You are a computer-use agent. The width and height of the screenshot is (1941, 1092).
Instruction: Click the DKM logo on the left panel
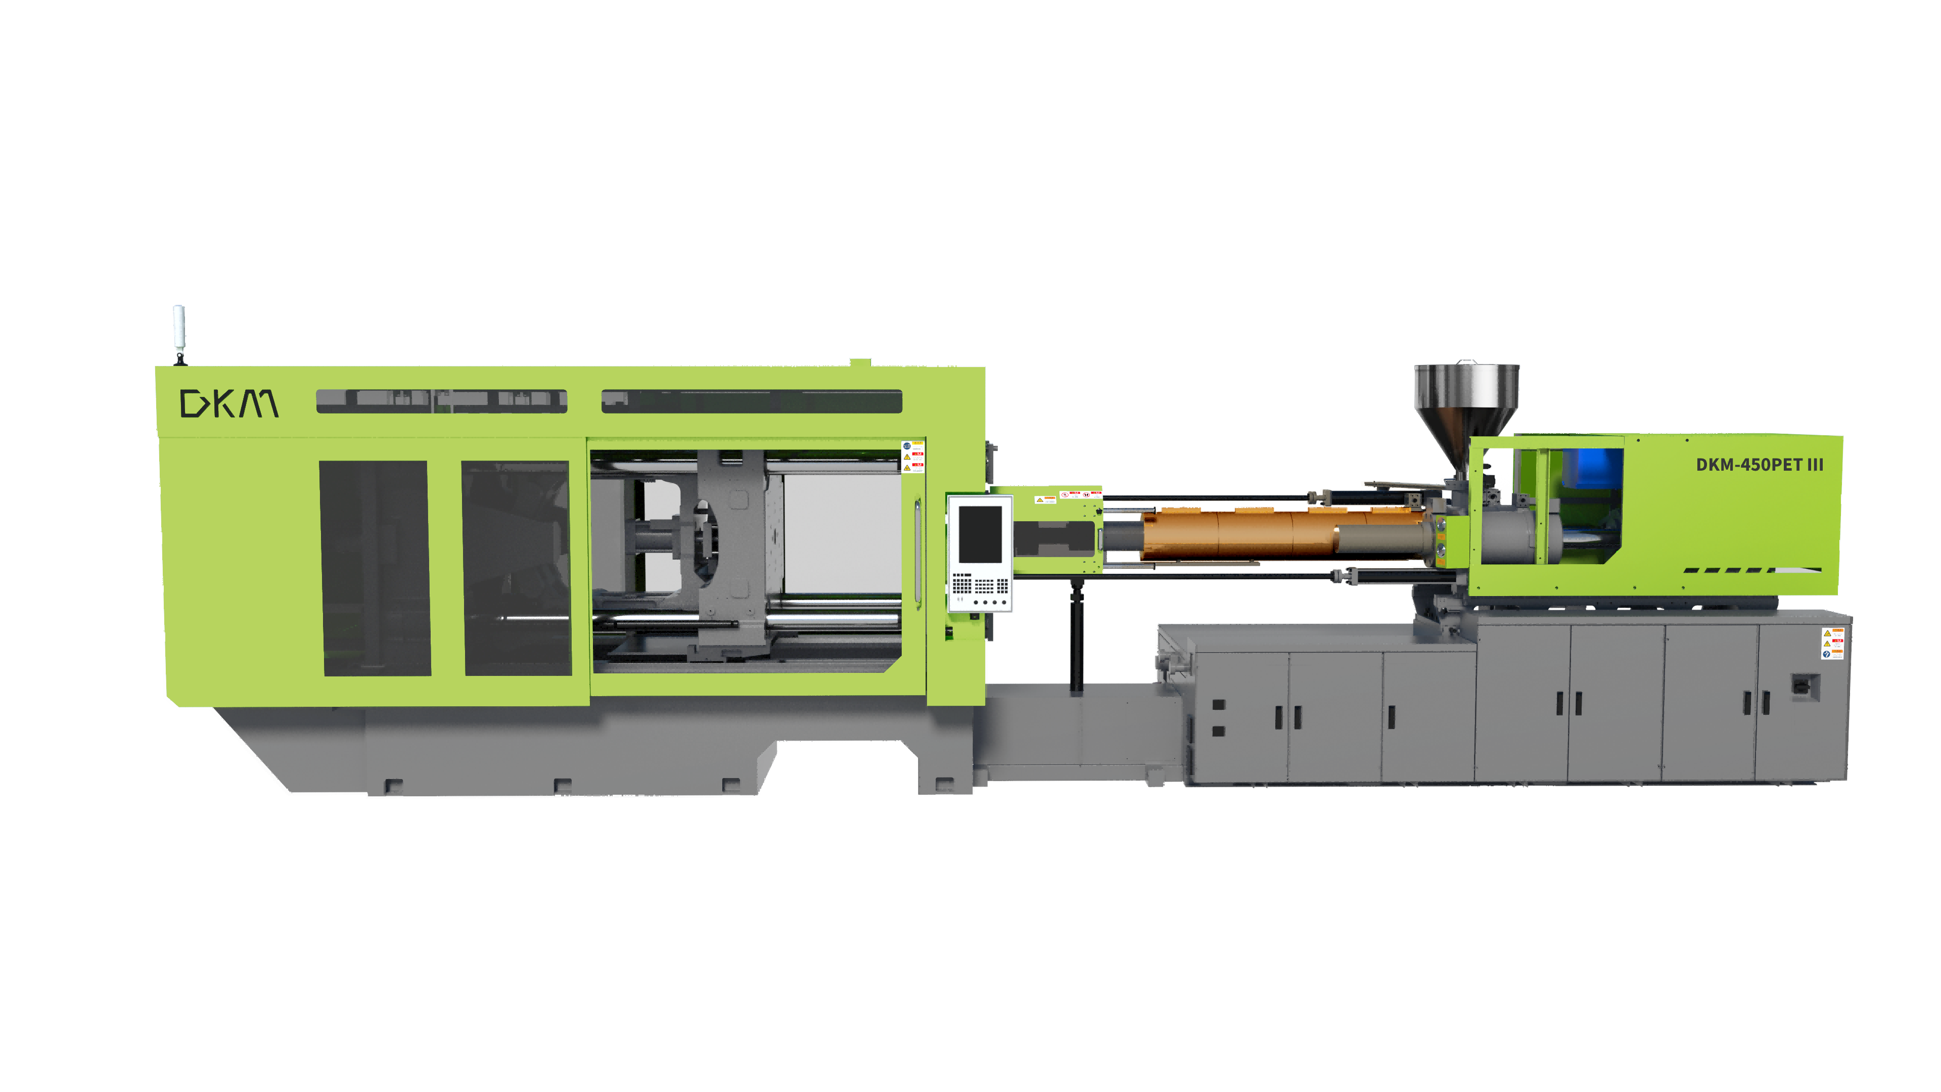point(229,403)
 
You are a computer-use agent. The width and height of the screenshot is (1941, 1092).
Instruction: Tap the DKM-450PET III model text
point(1759,465)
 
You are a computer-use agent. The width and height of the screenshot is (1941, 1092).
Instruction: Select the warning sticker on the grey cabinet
point(1832,644)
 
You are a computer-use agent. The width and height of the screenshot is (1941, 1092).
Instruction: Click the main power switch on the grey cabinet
point(1805,687)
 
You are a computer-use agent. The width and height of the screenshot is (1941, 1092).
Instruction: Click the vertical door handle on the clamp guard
point(918,550)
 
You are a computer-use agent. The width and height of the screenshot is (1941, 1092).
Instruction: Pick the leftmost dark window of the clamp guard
point(375,567)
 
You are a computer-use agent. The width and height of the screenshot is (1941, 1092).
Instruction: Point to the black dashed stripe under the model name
point(1733,570)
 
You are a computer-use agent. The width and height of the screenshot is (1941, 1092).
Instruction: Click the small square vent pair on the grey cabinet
point(1218,717)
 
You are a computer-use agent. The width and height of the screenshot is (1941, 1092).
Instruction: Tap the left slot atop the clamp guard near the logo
point(441,401)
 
